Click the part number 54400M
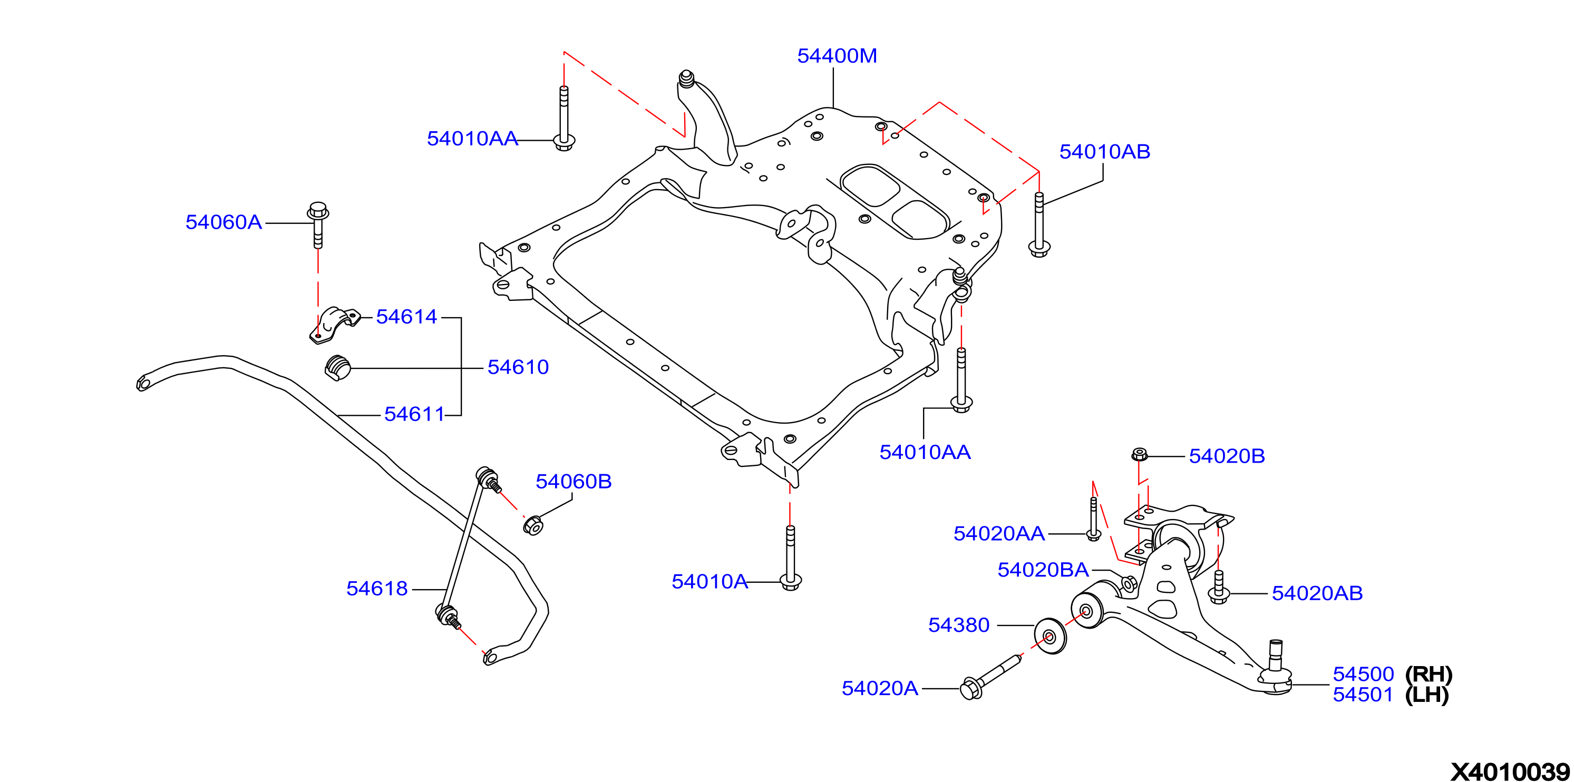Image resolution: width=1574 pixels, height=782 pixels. tap(837, 56)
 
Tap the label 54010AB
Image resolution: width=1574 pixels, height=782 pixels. tap(1104, 152)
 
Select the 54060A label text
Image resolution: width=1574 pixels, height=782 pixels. tap(224, 222)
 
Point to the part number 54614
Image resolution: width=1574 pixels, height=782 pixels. tap(406, 317)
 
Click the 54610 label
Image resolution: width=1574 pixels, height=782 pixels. tap(518, 367)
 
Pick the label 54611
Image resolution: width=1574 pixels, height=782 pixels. tap(414, 414)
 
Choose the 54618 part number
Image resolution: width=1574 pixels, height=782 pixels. tap(377, 588)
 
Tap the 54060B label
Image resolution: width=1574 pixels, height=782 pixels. tap(573, 482)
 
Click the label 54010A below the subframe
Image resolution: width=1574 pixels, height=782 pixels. tap(710, 582)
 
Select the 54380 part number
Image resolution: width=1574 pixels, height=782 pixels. tap(959, 625)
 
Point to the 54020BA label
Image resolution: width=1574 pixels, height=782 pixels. tap(1043, 570)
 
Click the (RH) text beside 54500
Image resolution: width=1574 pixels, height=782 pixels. tap(1429, 675)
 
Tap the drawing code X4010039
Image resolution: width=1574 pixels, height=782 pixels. tap(1510, 771)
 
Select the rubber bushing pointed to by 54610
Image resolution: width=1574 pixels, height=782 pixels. tap(337, 368)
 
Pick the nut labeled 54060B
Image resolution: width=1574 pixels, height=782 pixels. tap(533, 525)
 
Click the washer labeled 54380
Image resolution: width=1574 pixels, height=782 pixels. tap(1051, 636)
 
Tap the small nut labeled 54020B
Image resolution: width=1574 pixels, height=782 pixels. tap(1140, 455)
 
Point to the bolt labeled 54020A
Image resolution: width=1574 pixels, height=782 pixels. tap(990, 677)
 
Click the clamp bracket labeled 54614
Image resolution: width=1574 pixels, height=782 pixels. tap(334, 325)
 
